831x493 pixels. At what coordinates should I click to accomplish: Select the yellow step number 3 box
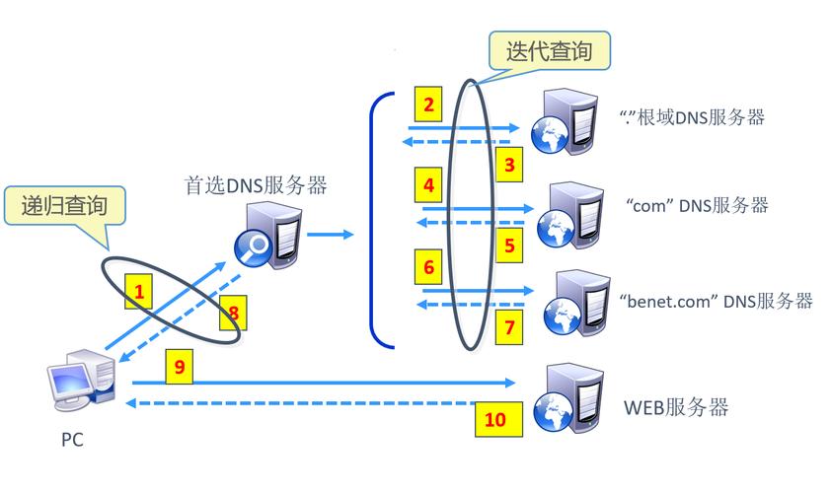pyautogui.click(x=509, y=165)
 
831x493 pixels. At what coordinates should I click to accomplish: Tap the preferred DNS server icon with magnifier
pyautogui.click(x=264, y=236)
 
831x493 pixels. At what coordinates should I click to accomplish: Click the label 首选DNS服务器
pyautogui.click(x=256, y=184)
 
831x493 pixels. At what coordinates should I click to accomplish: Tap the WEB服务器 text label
pyautogui.click(x=676, y=407)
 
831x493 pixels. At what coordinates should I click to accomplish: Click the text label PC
pyautogui.click(x=72, y=441)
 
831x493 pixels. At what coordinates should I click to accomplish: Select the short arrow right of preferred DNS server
pyautogui.click(x=330, y=235)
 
